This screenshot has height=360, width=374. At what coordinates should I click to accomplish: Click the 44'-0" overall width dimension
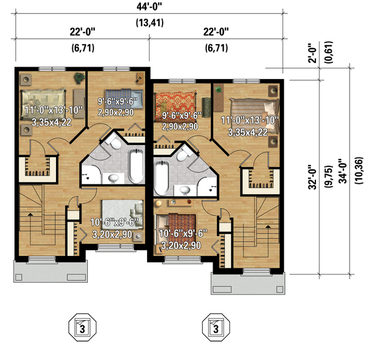148,8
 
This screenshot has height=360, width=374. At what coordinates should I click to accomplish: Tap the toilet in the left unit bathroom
112,143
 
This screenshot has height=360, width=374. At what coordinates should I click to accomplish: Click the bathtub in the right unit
161,178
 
